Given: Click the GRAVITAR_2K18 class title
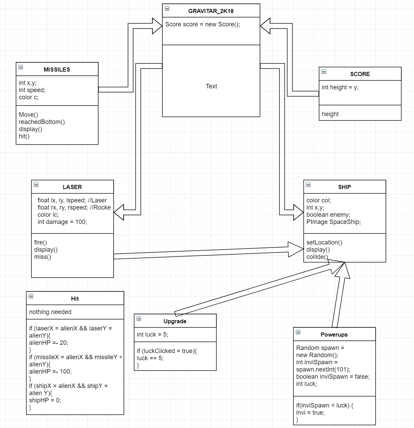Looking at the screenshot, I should coord(211,11).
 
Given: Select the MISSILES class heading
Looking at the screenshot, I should coord(57,70).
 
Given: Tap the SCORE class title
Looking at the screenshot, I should coord(360,74).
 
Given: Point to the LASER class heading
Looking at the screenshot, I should coord(72,187).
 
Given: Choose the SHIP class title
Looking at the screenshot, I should coord(344,187).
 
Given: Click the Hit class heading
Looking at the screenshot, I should coord(75,299).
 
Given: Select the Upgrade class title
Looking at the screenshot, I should coord(175,321).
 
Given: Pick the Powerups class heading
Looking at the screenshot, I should coord(334,335).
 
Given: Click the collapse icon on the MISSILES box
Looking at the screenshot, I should coord(21,67).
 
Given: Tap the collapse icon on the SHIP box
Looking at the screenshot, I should coord(308,185).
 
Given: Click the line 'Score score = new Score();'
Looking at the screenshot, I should coord(202,24).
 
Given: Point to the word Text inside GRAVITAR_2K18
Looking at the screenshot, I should coord(211,86).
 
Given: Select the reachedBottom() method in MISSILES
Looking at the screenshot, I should coord(42,122).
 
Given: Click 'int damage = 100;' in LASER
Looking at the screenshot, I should coord(62,222).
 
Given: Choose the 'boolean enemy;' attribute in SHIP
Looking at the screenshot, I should coord(328,215).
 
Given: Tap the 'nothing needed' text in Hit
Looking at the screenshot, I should coord(50,312).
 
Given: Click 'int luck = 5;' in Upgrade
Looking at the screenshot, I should coord(152,335).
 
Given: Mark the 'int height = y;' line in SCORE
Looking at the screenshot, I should coord(340,87).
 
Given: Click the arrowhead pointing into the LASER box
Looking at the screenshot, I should coord(119,212).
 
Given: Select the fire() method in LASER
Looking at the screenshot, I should coord(40,242).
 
